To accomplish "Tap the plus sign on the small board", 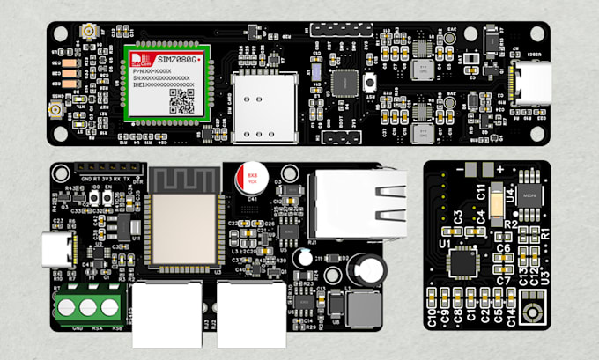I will coord(500,168).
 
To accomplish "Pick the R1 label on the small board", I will coord(544,236).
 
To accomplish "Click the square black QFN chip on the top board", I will coord(342,82).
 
